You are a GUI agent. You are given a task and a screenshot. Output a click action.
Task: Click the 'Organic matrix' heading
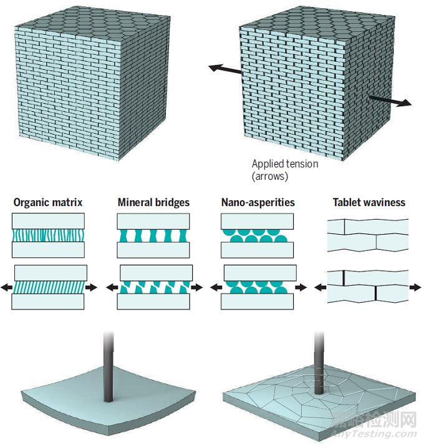48,202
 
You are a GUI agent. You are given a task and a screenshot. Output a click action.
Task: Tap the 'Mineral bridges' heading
153,202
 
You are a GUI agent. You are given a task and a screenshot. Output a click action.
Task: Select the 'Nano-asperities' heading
258,202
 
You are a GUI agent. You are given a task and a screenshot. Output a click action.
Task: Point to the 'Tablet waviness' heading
369,202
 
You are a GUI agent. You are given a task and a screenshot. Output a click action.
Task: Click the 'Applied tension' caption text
285,164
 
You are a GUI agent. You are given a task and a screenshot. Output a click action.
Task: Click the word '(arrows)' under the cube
270,176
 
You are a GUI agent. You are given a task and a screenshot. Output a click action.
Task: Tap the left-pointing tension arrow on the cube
225,69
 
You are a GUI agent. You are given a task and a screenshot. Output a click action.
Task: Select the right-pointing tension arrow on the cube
390,101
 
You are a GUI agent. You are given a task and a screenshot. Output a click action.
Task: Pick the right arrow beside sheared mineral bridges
196,287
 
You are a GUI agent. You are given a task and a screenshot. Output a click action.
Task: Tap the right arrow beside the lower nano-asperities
301,287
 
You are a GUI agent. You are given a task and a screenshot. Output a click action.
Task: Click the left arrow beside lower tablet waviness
320,287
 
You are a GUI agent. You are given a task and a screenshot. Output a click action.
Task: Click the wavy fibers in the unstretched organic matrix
48,235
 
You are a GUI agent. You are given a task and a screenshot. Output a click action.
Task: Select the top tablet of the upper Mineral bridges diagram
153,221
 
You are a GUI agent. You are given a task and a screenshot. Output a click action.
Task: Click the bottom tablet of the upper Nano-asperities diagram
257,250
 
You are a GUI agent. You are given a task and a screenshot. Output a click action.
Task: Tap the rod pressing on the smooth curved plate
108,366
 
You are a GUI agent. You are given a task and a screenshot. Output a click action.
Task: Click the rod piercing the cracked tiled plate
319,363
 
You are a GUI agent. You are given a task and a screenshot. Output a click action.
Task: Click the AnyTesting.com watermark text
374,434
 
